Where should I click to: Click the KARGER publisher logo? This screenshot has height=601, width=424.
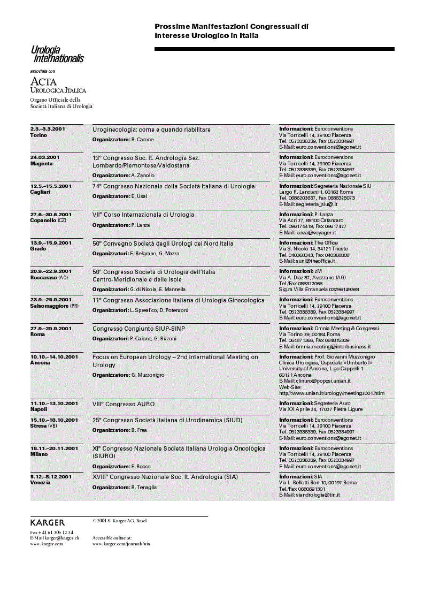(x=48, y=522)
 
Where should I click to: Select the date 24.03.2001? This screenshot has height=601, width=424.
(x=45, y=157)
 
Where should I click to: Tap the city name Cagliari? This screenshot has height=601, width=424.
(x=40, y=192)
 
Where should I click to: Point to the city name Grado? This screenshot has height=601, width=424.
(x=37, y=249)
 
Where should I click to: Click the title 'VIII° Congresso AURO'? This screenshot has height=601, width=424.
(x=124, y=404)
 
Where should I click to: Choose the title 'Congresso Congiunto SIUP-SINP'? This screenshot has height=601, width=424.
(x=138, y=329)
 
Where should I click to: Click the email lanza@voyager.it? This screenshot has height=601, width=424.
(x=315, y=233)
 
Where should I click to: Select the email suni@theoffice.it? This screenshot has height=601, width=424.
(x=314, y=261)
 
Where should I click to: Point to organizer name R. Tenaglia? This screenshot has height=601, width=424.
(x=144, y=487)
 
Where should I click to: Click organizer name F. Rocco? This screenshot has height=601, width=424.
(x=141, y=467)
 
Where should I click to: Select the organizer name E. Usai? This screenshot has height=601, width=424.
(x=139, y=196)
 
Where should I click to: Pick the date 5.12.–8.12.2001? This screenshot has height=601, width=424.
(x=51, y=476)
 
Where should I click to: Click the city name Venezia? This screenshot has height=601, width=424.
(x=41, y=483)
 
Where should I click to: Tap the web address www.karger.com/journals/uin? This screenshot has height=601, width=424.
(x=121, y=544)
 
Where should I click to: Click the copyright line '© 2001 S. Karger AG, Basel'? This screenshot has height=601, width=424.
(x=119, y=521)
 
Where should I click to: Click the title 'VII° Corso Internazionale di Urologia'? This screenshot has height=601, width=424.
(x=143, y=215)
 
